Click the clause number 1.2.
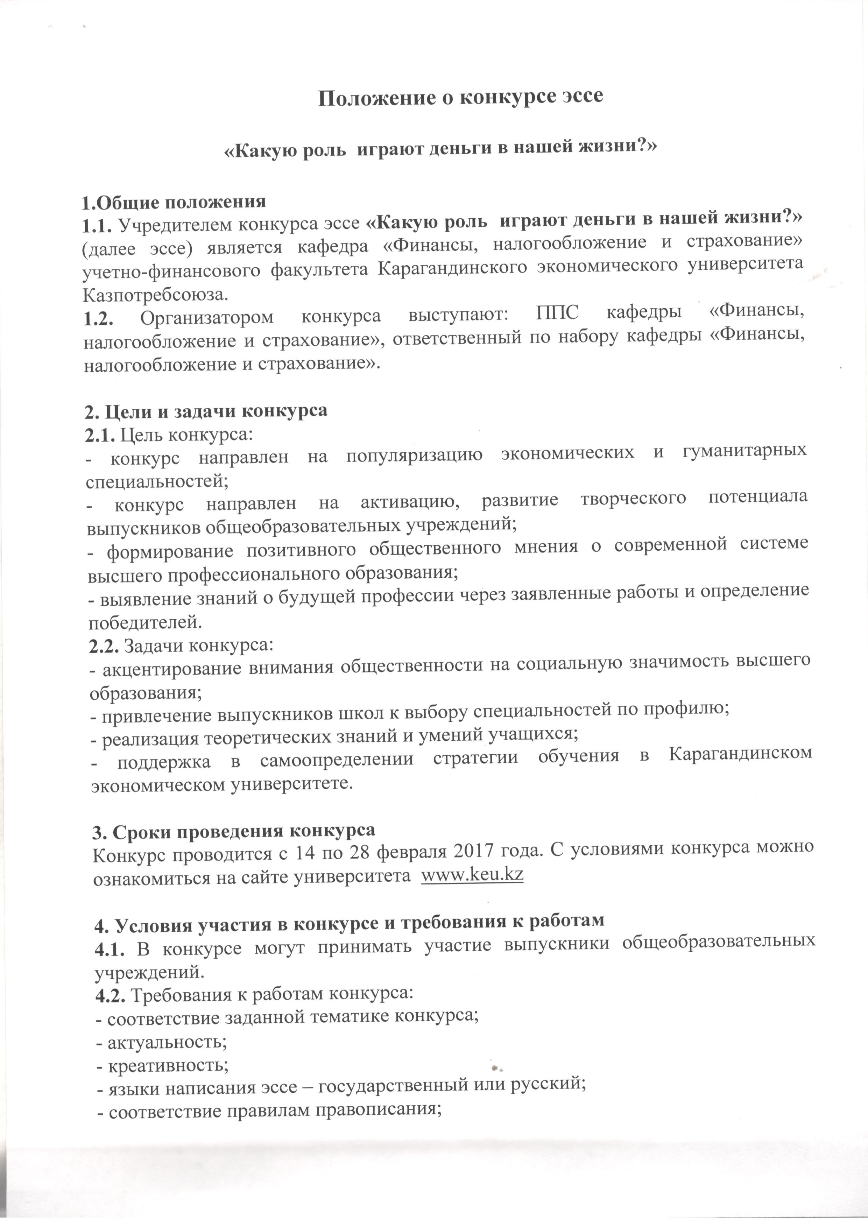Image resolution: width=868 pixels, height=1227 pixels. pyautogui.click(x=98, y=317)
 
